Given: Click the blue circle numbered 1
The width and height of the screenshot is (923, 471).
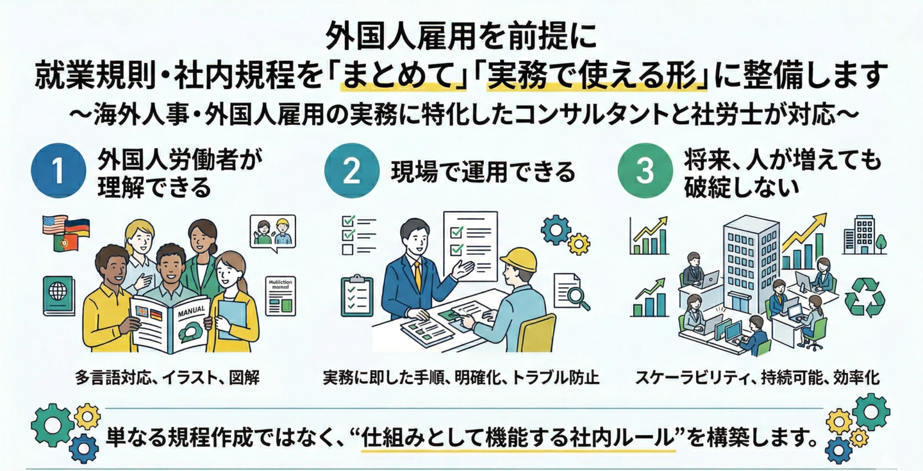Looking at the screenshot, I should point(58,170).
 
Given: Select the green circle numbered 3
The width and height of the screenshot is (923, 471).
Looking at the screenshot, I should point(644,170).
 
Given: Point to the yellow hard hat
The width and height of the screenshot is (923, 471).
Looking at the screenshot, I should point(518,260).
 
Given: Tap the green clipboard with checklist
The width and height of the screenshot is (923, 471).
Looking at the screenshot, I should point(357,295).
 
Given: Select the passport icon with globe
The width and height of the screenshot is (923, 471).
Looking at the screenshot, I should point(58,295).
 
